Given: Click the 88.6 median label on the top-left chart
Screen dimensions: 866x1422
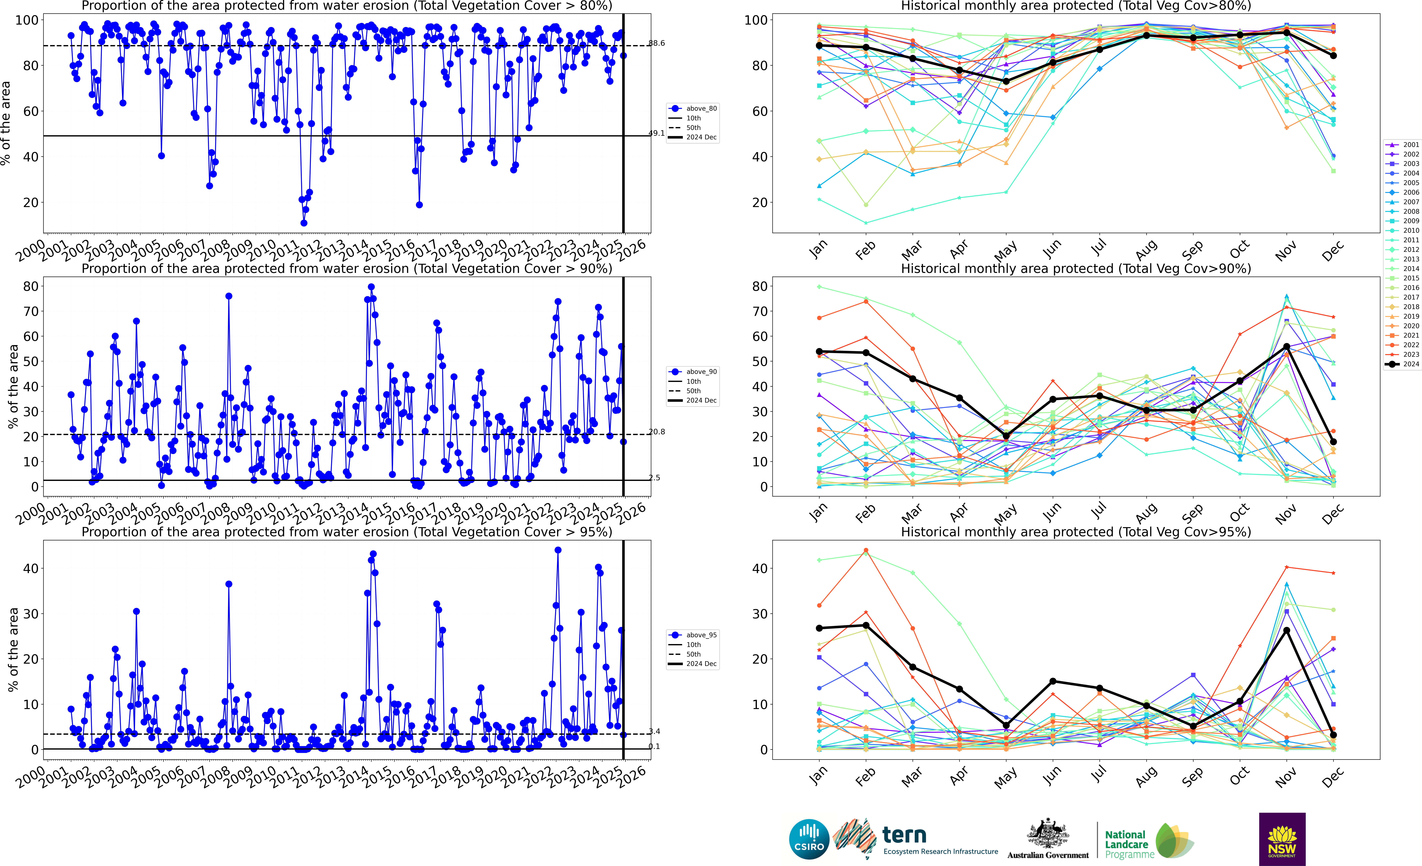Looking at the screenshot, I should [657, 43].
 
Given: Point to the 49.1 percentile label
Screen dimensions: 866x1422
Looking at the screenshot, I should [657, 133].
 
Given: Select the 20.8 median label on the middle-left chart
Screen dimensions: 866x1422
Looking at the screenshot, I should [657, 432].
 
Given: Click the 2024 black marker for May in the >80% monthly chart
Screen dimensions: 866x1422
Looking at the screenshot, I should [1006, 81].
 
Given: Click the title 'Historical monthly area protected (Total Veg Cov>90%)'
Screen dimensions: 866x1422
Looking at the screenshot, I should [1076, 269].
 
